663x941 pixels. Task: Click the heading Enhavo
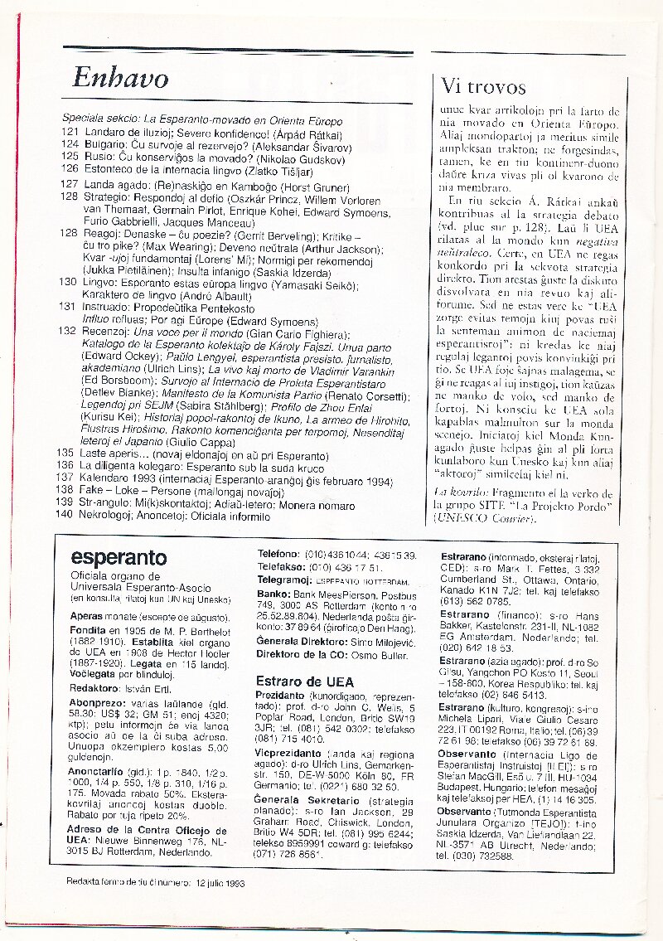coord(120,77)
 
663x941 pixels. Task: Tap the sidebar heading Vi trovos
coord(485,87)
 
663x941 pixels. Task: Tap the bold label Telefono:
coord(278,554)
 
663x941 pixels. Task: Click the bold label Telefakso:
coord(282,567)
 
